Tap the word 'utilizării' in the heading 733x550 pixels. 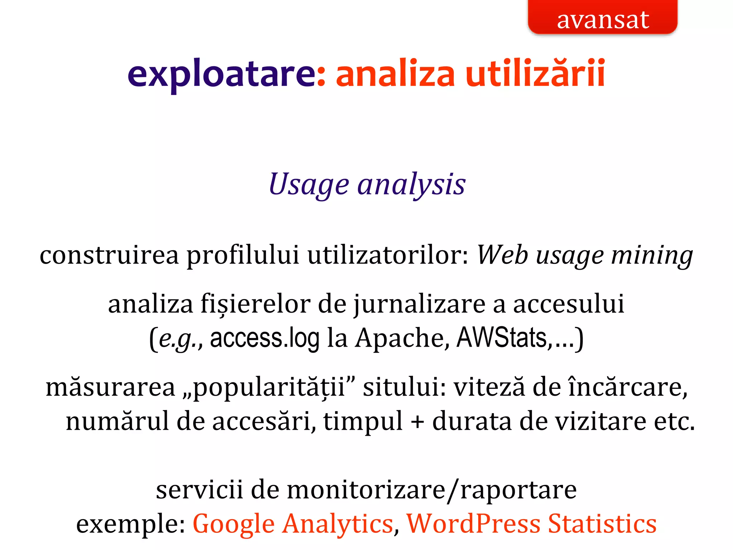[x=535, y=73]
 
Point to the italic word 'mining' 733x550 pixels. [x=652, y=256]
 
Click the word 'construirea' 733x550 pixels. [x=109, y=256]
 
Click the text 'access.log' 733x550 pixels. [x=264, y=338]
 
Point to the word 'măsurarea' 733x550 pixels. [x=110, y=387]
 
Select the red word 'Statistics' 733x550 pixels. [x=602, y=524]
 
